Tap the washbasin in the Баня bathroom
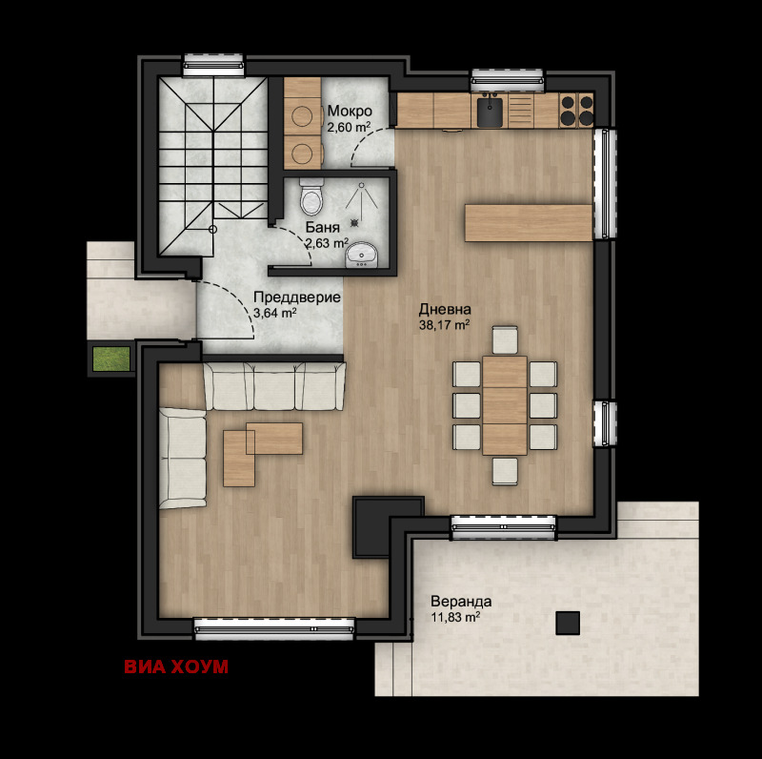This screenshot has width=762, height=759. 361,255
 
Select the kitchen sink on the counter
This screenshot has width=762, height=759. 490,113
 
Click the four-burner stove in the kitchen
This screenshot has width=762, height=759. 576,111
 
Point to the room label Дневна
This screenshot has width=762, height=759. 445,309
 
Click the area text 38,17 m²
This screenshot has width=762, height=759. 444,324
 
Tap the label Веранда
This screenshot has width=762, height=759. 461,602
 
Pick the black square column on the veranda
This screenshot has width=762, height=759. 568,623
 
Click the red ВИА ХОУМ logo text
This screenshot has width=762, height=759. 176,667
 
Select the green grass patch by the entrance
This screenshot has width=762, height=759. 111,359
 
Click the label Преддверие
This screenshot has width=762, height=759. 297,297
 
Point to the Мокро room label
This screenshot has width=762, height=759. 350,111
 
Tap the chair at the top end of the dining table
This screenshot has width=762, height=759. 505,339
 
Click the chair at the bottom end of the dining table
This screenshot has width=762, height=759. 505,471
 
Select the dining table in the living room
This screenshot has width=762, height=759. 505,405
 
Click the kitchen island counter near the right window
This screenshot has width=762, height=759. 529,223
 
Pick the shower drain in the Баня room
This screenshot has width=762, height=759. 354,222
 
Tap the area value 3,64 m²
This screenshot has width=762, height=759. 275,313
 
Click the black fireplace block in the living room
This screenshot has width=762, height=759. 388,527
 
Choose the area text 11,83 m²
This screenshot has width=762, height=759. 455,617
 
